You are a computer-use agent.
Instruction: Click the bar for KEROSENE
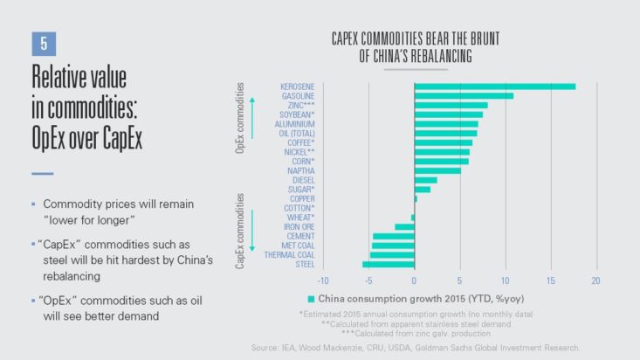coord(494,87)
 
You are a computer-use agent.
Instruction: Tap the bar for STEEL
coord(389,264)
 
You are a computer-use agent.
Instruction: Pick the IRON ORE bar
coord(404,226)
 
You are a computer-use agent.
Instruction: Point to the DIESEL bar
coord(425,180)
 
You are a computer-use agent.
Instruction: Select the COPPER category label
coord(299,198)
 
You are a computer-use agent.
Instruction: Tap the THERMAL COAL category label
coord(286,254)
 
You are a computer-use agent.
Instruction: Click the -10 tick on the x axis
coord(322,280)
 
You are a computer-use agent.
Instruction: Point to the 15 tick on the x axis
coord(550,280)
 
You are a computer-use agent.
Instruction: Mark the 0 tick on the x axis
coord(414,280)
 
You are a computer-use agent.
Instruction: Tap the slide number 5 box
coord(43,42)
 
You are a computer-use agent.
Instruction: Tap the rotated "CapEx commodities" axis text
coord(240,232)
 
